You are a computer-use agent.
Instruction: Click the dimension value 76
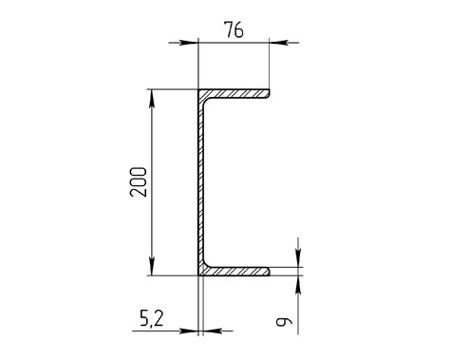(234, 29)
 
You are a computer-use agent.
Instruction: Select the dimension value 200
(139, 182)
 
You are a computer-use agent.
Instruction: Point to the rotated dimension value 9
(284, 322)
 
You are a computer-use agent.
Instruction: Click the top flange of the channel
(234, 93)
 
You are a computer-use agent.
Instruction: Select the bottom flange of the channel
(234, 272)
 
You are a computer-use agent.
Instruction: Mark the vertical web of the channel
(200, 182)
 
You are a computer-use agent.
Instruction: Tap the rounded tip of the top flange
(269, 93)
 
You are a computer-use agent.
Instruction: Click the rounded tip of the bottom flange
(269, 272)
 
